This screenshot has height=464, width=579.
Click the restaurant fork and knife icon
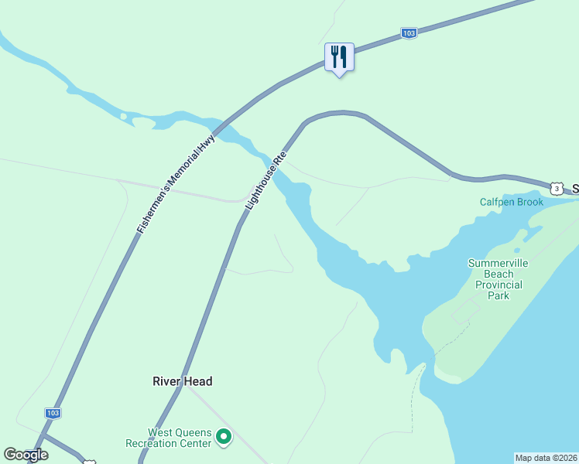[x=339, y=57]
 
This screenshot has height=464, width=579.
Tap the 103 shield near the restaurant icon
[x=409, y=33]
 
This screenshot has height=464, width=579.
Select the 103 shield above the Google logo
[x=52, y=413]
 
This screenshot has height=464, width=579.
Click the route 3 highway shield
[x=557, y=189]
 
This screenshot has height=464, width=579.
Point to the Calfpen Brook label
[x=512, y=202]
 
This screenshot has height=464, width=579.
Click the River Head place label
[x=182, y=381]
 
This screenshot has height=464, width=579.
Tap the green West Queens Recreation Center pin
[x=224, y=438]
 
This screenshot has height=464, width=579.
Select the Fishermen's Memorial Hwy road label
[x=175, y=184]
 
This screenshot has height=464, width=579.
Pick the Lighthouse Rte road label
[x=266, y=181]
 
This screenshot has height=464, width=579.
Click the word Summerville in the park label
[x=498, y=263]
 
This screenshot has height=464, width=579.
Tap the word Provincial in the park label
[x=498, y=285]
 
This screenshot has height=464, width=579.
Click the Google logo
[x=26, y=455]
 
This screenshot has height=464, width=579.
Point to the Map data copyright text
[x=546, y=458]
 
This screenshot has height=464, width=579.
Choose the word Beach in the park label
[x=498, y=274]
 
